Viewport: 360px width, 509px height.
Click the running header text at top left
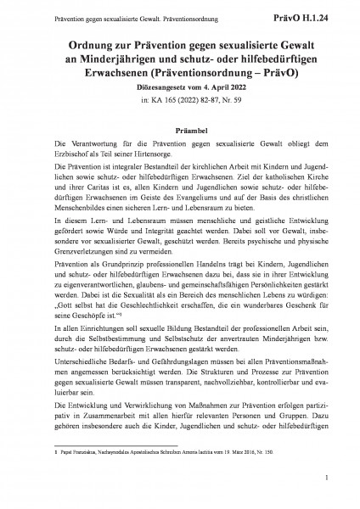(108, 12)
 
